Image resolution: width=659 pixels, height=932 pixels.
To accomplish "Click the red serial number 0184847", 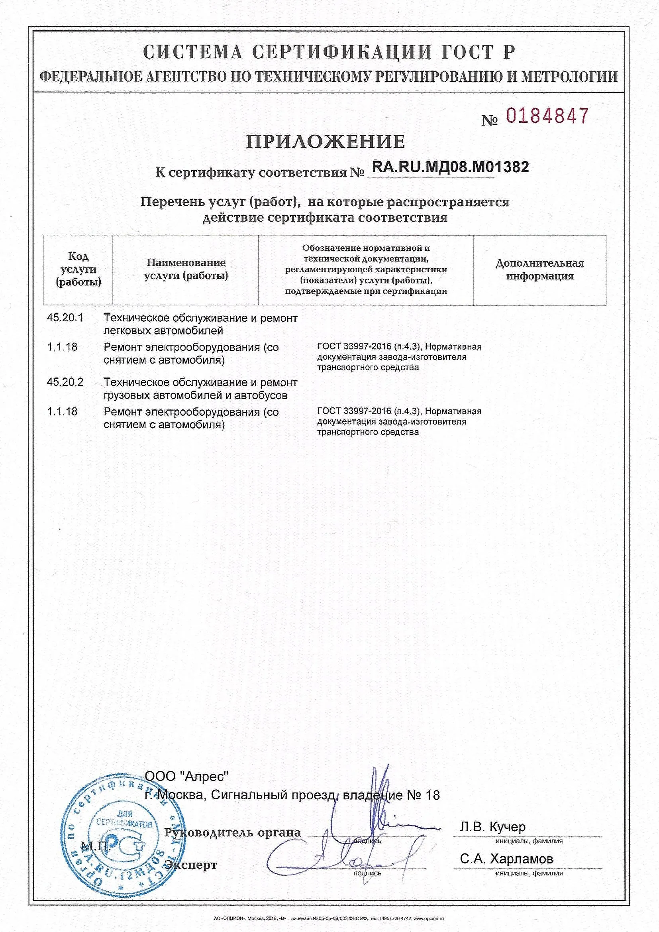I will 547,116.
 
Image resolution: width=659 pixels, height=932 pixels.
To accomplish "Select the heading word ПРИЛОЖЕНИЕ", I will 326,142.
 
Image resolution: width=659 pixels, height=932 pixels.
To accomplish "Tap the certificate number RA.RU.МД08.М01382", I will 451,167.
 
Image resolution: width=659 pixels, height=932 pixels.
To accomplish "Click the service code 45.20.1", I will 65,318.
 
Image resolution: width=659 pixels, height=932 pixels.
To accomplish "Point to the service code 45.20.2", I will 65,382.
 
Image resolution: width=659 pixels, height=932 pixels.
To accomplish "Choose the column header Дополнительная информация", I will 540,270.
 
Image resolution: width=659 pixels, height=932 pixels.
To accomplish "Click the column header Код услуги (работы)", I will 78,269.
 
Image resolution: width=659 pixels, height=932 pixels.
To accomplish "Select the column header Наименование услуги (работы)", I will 186,269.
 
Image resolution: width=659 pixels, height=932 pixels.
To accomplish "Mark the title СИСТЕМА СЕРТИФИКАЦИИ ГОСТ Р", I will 329,52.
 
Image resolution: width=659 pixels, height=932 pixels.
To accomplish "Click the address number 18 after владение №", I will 433,796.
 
